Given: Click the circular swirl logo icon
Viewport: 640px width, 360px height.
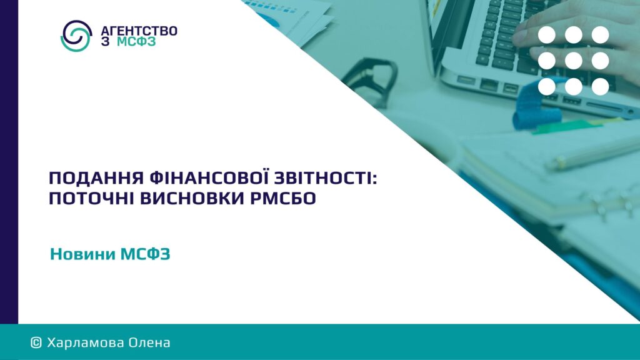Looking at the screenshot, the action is tap(76, 36).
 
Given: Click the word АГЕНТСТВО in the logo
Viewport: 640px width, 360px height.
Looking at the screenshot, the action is tap(139, 31).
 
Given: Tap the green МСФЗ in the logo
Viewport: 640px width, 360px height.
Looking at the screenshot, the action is tap(136, 42).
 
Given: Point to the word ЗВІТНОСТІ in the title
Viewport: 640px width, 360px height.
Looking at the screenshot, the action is tap(325, 178).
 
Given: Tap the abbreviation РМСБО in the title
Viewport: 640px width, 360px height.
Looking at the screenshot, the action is tap(282, 198).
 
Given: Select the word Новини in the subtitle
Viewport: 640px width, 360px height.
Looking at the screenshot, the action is tap(83, 254).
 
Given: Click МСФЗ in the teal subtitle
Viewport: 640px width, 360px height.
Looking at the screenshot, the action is tap(145, 254).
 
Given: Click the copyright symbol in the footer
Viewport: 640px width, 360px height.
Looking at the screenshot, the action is tap(36, 342).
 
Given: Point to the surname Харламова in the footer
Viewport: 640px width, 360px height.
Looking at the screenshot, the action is tap(85, 342).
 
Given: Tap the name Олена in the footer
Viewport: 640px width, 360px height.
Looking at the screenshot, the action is tap(149, 342).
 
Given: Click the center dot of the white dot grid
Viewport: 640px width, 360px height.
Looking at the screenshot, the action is tap(574, 61).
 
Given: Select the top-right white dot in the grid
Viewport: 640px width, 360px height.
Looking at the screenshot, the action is tap(601, 35).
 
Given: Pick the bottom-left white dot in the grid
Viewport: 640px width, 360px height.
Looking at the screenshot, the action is tap(546, 87).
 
